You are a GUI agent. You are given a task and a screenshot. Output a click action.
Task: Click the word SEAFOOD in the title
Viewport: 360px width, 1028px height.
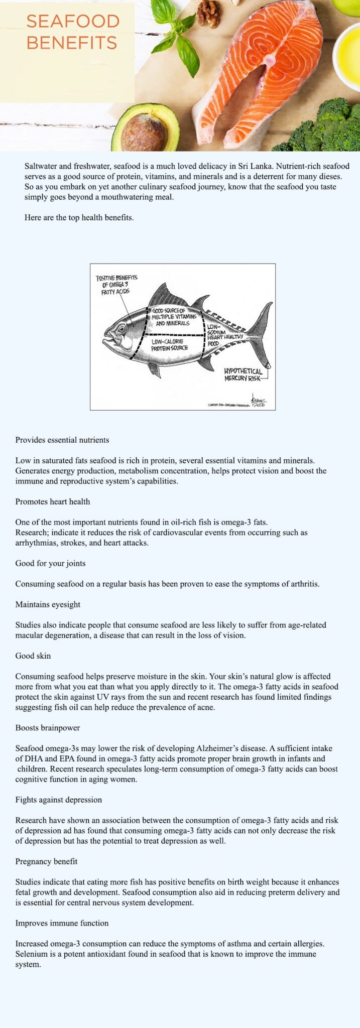coord(73,22)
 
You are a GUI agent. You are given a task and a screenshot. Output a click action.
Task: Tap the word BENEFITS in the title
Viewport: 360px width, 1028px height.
coord(72,42)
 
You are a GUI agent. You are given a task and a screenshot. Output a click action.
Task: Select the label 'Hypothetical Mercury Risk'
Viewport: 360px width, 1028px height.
coord(243,374)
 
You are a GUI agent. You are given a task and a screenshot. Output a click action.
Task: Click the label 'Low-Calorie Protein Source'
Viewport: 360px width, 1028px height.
coord(170,345)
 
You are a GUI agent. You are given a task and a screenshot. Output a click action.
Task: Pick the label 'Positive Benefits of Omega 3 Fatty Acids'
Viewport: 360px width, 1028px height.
coord(116,285)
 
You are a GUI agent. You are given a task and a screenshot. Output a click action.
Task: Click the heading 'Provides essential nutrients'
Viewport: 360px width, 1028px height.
coord(62,440)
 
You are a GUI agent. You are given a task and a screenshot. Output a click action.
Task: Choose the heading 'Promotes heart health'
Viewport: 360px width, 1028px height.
coord(53,501)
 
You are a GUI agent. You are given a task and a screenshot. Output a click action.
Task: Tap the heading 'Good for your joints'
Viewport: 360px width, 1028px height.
coord(50,563)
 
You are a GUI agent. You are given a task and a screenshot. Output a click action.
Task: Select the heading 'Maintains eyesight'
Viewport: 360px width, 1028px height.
coord(48,604)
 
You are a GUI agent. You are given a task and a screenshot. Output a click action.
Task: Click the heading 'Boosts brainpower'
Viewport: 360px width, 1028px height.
coord(48,728)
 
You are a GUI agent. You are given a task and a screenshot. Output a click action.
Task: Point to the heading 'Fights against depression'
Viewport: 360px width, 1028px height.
coord(58,800)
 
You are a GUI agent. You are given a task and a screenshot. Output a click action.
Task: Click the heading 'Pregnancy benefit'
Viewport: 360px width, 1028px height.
coord(46,861)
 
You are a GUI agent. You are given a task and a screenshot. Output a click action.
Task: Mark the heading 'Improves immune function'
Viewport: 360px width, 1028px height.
coord(62,923)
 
